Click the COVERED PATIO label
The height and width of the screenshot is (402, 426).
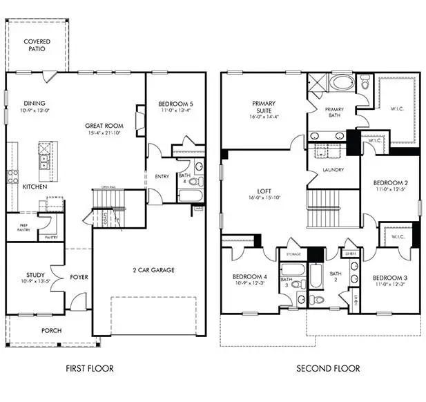coord(37,46)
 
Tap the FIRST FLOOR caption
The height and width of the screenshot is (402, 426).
coord(90,369)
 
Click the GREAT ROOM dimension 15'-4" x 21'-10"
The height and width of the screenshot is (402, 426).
coord(104,133)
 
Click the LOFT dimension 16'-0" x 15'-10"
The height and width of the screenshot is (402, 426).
coord(262,198)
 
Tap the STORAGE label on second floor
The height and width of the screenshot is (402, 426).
coord(293,253)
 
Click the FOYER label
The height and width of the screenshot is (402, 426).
coord(79,278)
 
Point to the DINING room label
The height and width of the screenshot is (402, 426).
coord(34,102)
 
